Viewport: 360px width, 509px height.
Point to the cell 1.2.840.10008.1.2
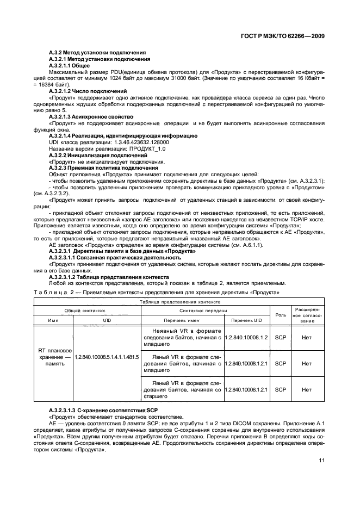(247, 337)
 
